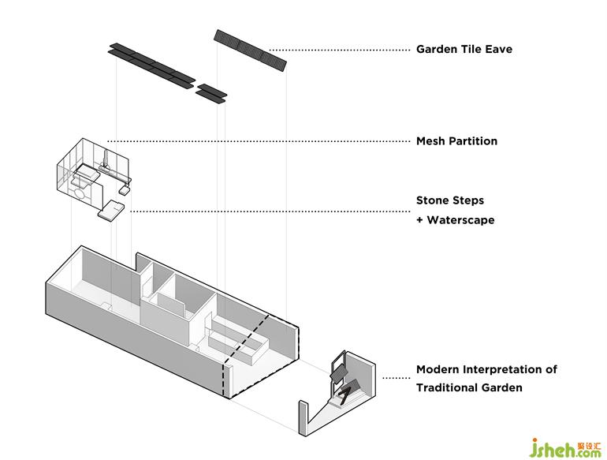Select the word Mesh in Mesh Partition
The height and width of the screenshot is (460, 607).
430,141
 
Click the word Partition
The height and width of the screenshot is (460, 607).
473,141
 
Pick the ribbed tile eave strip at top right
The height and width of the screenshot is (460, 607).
250,49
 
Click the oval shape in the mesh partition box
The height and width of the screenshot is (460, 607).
80,190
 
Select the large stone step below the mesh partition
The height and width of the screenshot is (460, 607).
110,209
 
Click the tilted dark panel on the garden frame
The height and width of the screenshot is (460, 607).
341,369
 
